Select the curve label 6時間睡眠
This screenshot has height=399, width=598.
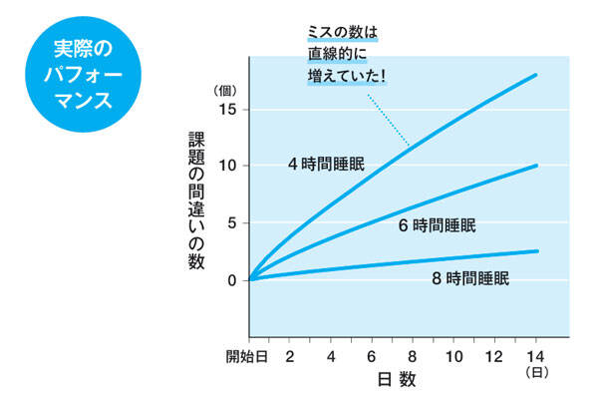437,226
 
